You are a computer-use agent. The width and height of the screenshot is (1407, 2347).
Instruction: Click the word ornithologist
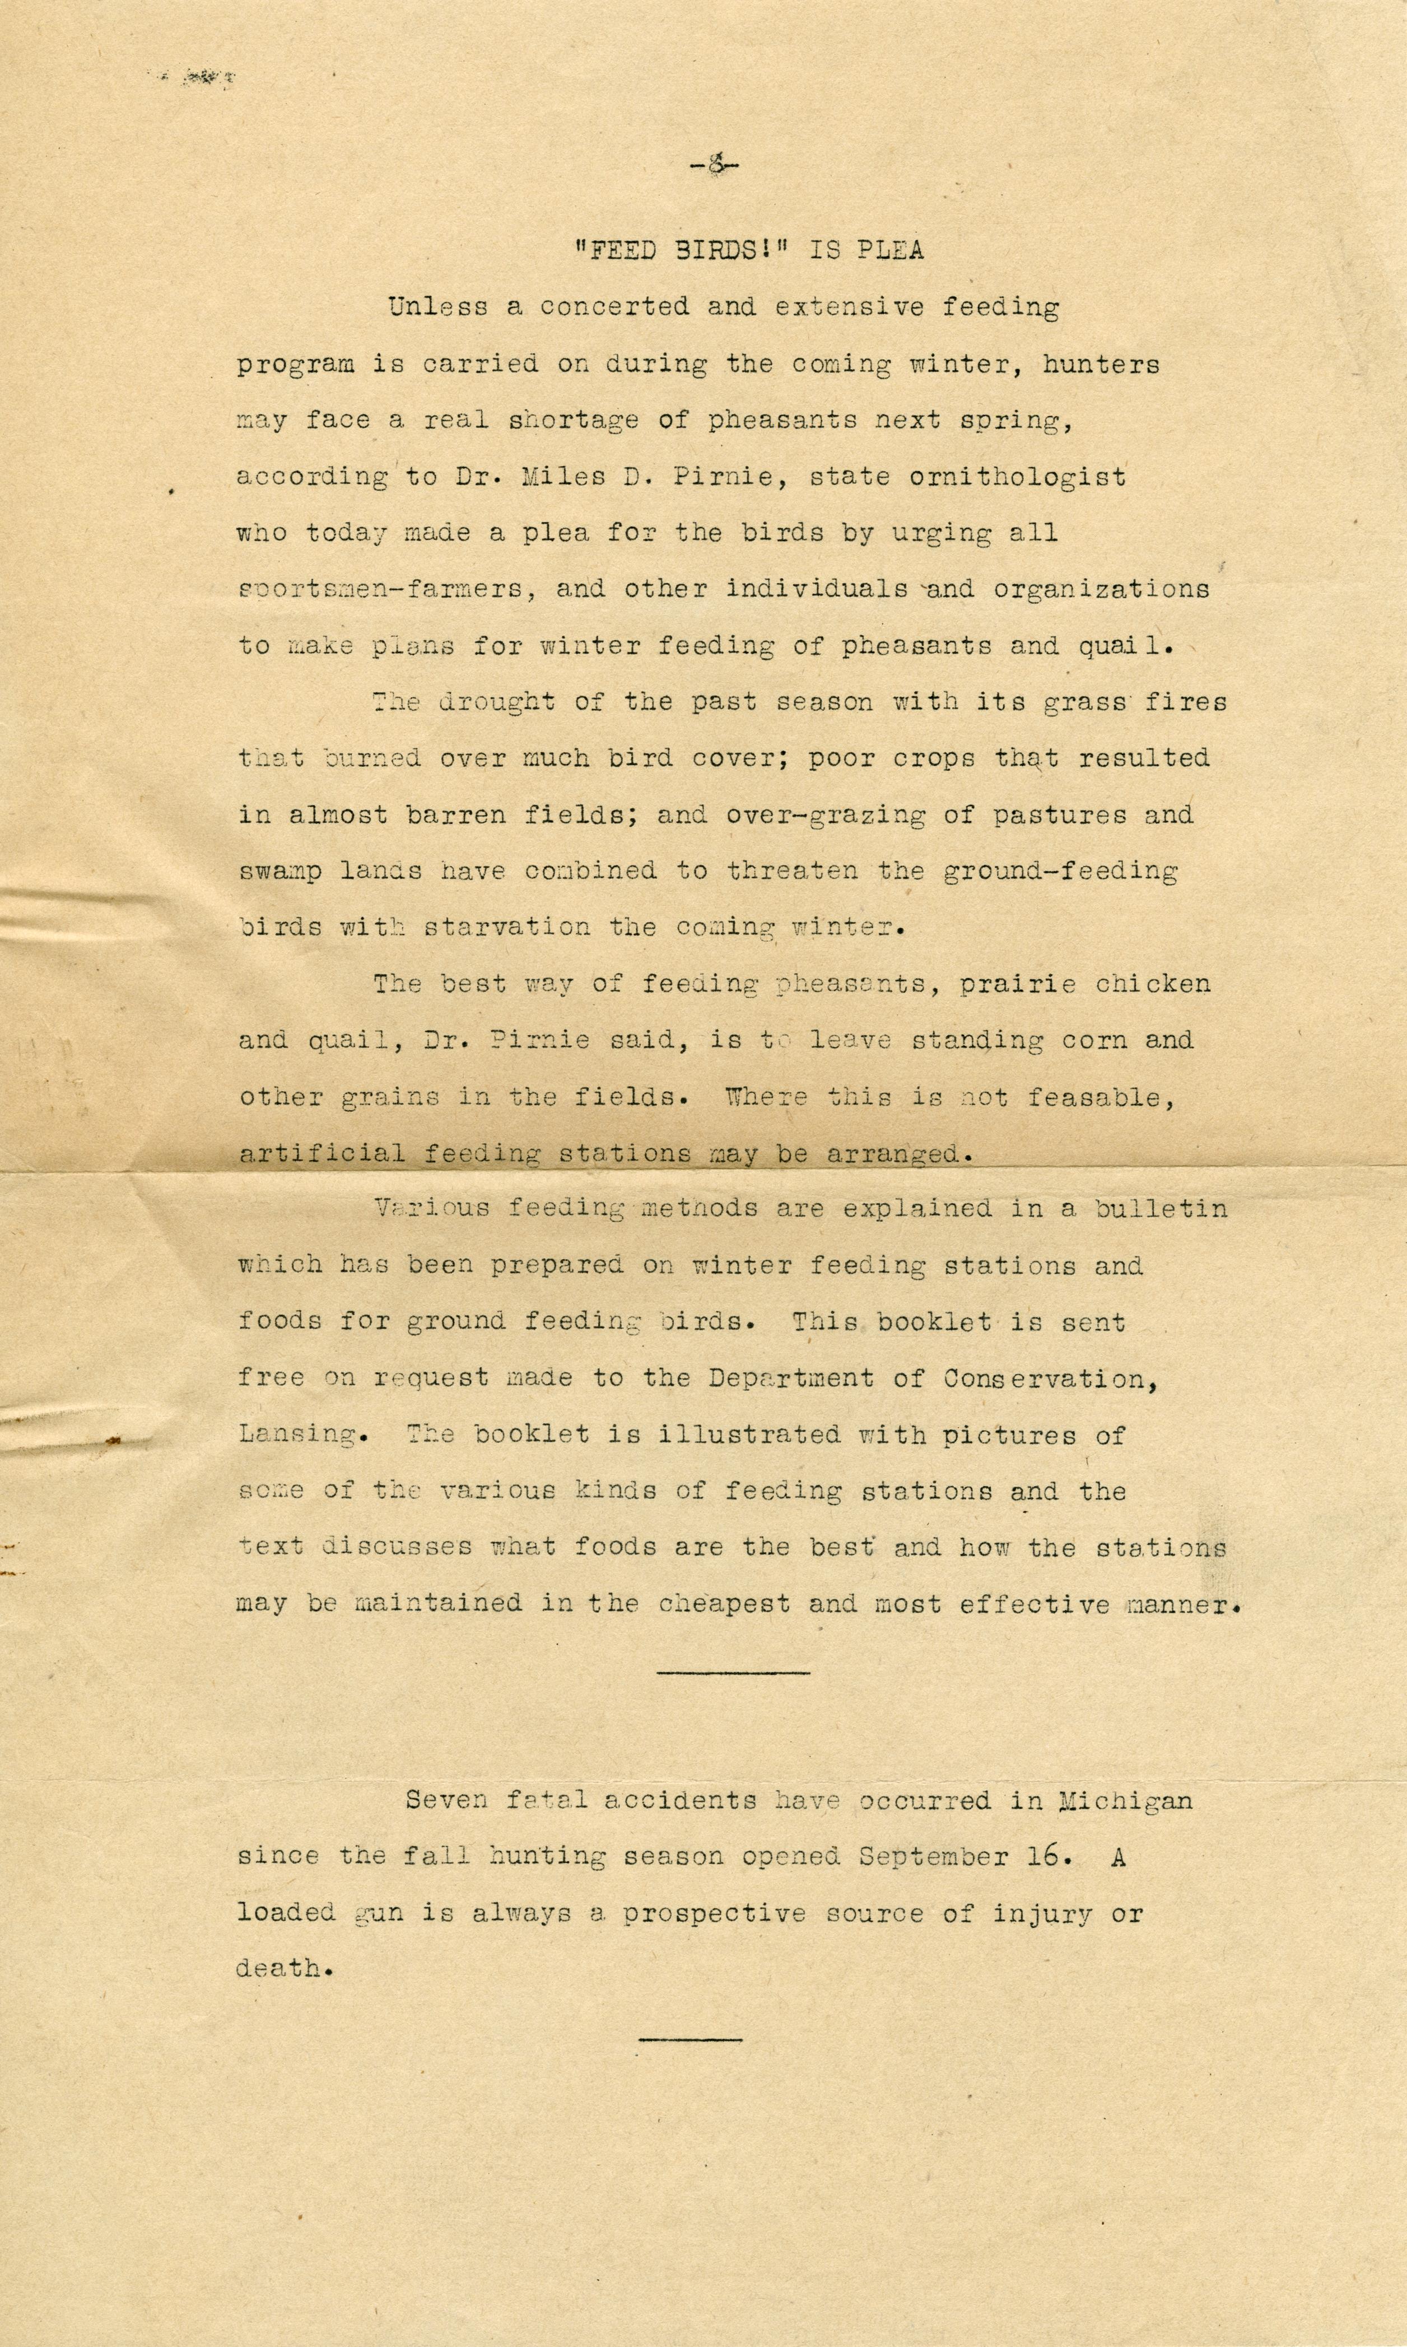point(1017,476)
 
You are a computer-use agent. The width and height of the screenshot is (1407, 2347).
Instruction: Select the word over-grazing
point(825,815)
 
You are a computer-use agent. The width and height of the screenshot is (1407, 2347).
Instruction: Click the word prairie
point(1017,984)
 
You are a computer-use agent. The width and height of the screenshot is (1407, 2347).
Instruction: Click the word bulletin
point(1161,1209)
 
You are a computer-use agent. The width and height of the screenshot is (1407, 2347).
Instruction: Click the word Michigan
point(1125,1801)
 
